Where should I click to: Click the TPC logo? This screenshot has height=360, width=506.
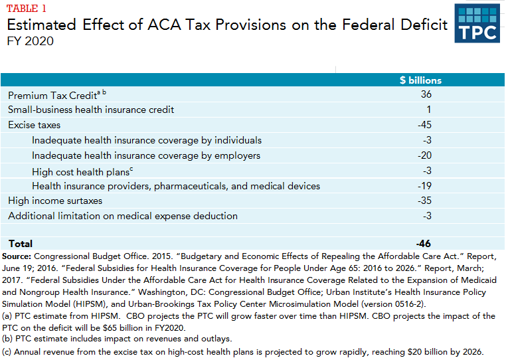(477, 23)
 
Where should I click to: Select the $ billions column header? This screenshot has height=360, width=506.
(420, 80)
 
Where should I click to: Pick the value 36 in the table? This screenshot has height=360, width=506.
(426, 95)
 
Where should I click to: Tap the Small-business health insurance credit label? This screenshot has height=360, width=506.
(91, 110)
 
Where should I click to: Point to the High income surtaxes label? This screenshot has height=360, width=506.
(55, 201)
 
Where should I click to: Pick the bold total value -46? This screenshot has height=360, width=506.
(424, 244)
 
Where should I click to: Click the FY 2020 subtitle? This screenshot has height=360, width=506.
(31, 41)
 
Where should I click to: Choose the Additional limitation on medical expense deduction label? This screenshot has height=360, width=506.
(123, 216)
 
